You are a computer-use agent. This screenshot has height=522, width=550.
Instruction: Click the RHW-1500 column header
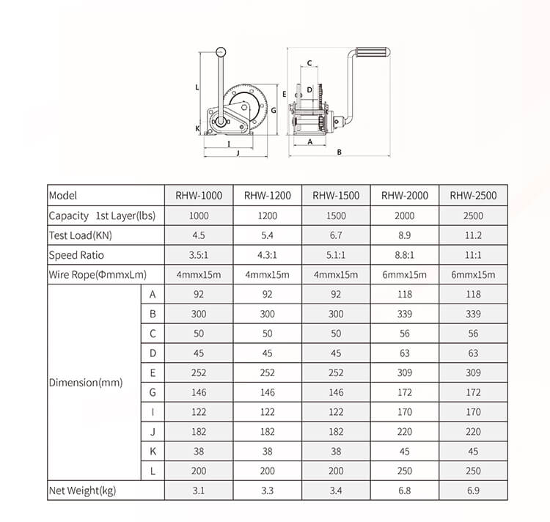[x=336, y=196]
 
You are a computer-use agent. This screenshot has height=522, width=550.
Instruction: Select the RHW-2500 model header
[x=473, y=196]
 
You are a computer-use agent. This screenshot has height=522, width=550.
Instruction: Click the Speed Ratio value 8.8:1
[x=404, y=255]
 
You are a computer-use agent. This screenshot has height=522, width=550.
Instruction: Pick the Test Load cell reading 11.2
[x=473, y=235]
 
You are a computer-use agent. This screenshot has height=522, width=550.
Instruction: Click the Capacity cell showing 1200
[x=267, y=216]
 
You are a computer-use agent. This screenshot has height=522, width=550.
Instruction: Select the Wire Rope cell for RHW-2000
[x=404, y=275]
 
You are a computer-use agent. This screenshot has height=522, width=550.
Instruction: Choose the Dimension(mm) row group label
[x=85, y=383]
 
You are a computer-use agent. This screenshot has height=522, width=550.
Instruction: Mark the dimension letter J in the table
[x=153, y=432]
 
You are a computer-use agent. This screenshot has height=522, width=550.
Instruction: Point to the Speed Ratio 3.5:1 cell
[x=199, y=255]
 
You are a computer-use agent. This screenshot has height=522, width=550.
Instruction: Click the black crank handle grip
[x=373, y=54]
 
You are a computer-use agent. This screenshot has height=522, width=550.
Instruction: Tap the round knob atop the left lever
[x=221, y=51]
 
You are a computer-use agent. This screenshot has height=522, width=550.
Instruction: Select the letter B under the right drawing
[x=340, y=152]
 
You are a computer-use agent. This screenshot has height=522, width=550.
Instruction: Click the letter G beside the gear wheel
[x=272, y=110]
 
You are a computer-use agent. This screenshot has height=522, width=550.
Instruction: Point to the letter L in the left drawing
[x=198, y=86]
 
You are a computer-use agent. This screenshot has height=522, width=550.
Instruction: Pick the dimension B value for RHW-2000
[x=404, y=314]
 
